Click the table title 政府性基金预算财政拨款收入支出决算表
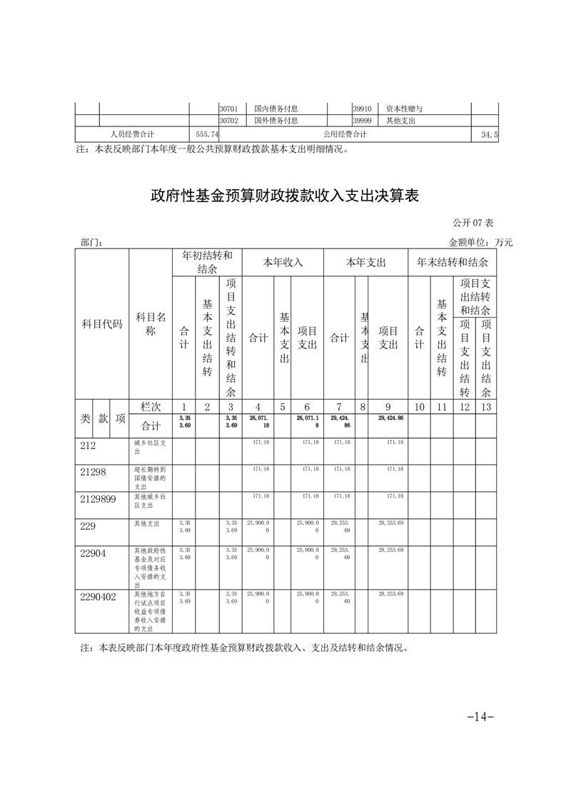(x=283, y=196)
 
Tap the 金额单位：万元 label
(x=480, y=243)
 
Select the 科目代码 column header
(x=102, y=323)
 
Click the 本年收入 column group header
(x=283, y=262)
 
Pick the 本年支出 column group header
(x=365, y=262)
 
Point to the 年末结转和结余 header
(x=452, y=262)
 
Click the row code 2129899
(x=98, y=499)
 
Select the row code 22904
(x=92, y=553)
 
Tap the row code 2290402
(x=98, y=596)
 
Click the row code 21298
(x=92, y=470)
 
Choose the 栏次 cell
(x=151, y=406)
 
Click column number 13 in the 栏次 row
(x=486, y=406)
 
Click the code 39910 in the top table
(x=361, y=109)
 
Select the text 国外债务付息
(x=276, y=121)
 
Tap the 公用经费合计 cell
(x=345, y=134)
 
